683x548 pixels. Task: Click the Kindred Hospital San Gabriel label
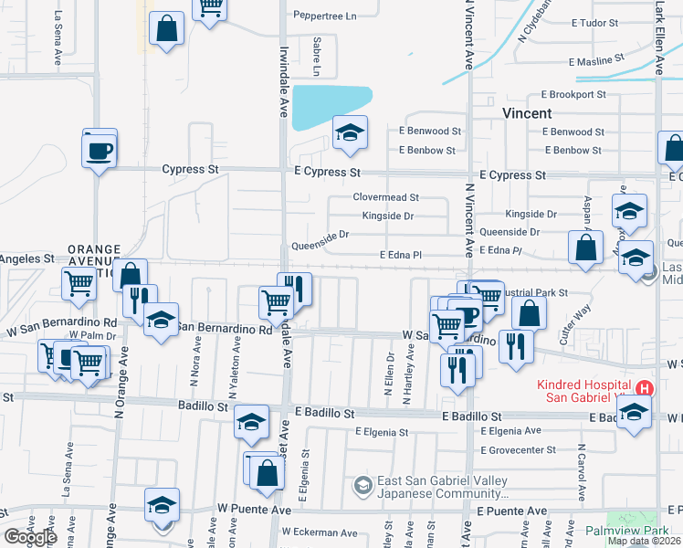click(584, 387)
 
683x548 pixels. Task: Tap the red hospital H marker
click(645, 388)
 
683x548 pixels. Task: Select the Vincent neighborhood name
click(527, 113)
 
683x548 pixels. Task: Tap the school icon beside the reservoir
click(350, 133)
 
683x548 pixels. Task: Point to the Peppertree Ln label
click(323, 16)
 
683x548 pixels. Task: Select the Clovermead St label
click(385, 197)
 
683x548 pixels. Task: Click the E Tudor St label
click(594, 23)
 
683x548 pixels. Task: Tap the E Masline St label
click(595, 62)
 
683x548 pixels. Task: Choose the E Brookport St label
click(573, 94)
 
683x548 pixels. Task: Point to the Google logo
click(30, 537)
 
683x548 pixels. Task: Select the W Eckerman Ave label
click(320, 532)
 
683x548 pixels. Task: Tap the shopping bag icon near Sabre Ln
click(167, 28)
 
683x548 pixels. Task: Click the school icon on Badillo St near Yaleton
click(251, 421)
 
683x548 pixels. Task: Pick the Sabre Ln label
click(318, 57)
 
